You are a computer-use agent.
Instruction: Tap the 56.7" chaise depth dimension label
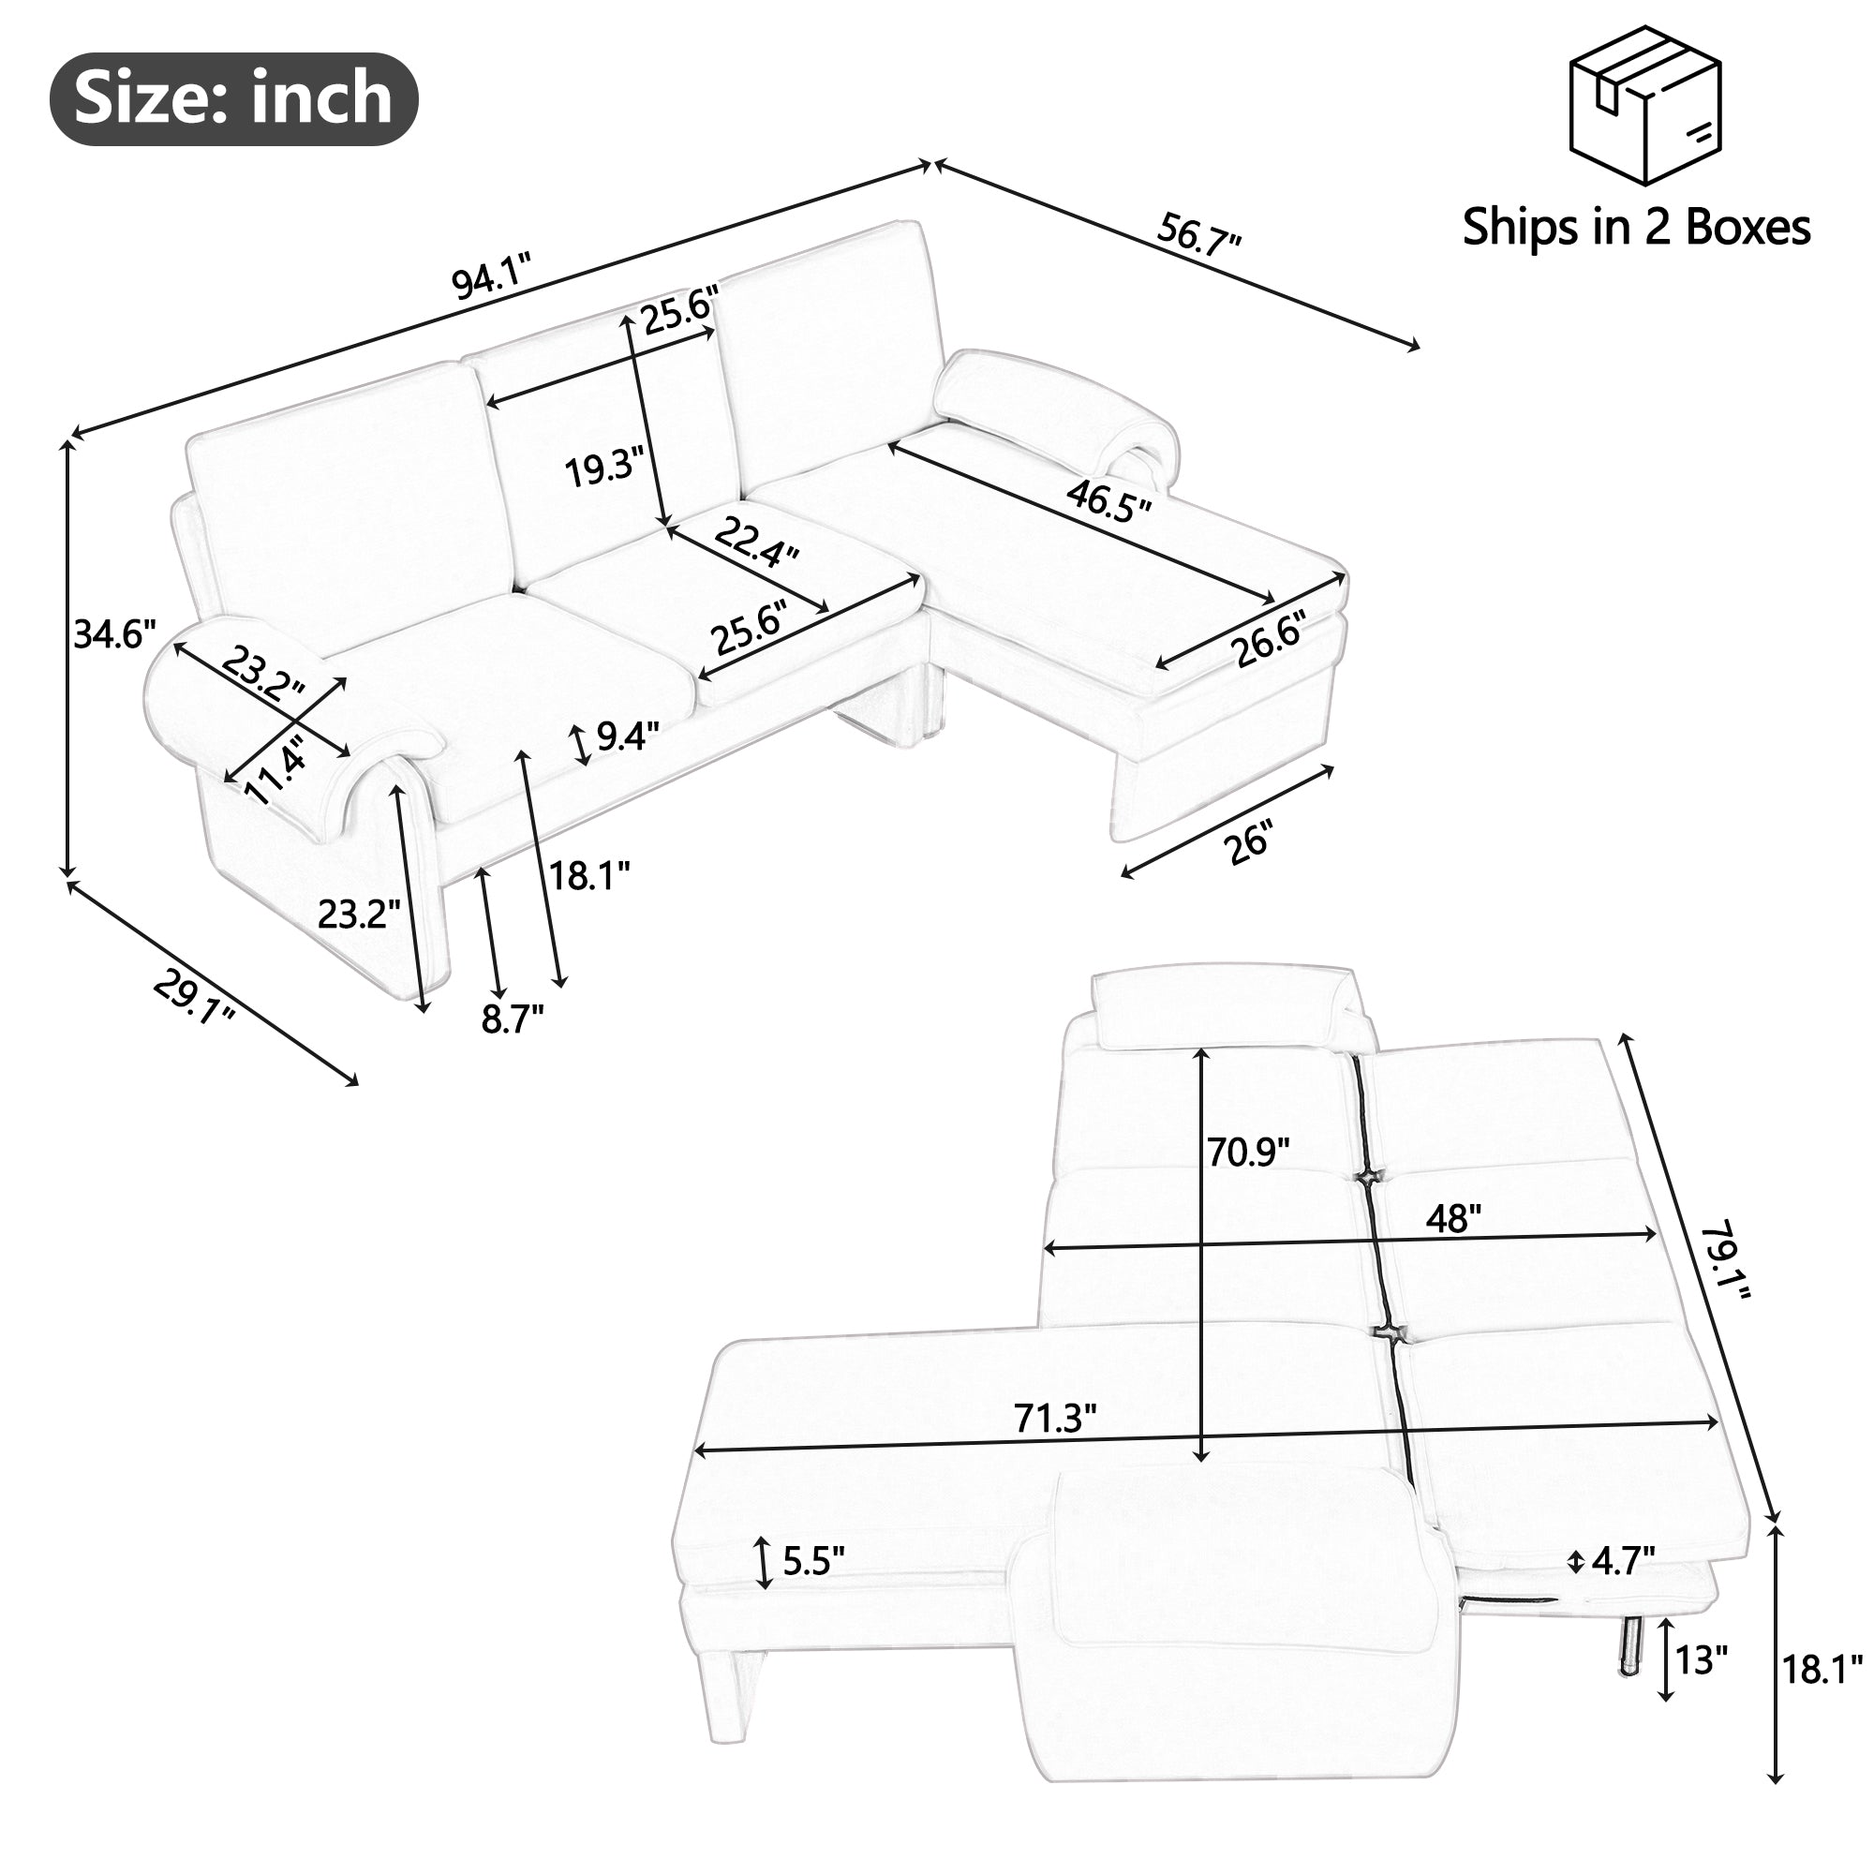(1199, 233)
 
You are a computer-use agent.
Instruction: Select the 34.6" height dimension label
(114, 634)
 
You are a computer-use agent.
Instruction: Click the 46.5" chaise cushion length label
(1108, 500)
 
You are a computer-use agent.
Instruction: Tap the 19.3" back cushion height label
(604, 469)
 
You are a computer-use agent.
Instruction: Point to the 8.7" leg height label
(513, 1019)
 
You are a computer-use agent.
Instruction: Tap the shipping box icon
(1645, 106)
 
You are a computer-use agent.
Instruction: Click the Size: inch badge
(232, 99)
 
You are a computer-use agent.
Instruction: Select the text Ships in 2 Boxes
(1635, 227)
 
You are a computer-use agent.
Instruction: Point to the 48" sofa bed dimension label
(1453, 1218)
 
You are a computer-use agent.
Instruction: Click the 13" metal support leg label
(1702, 1659)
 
